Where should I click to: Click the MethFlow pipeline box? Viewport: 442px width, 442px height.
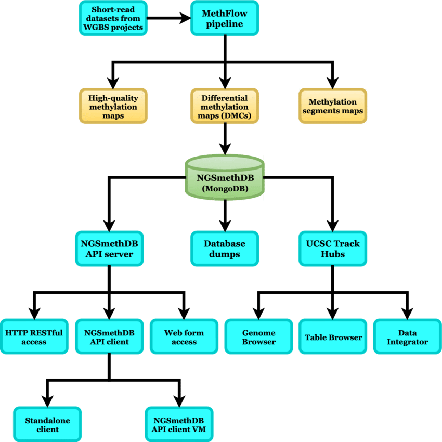224,18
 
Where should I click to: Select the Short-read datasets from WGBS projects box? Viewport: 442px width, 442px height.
113,18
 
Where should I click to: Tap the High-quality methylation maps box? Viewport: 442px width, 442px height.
113,107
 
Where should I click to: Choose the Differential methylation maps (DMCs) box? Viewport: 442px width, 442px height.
224,107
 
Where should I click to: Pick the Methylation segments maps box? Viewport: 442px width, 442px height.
333,107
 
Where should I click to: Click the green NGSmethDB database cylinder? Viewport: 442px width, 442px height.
225,178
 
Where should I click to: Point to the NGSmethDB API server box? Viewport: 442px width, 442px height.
109,249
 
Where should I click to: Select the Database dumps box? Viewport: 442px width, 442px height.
224,249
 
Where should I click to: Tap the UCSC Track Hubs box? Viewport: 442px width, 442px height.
333,249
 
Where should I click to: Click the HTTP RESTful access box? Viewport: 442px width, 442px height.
34,337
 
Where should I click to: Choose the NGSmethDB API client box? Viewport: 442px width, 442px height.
109,337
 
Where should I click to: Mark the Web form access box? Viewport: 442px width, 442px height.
184,337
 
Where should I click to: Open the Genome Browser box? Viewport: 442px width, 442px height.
258,337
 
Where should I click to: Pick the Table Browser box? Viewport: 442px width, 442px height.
333,337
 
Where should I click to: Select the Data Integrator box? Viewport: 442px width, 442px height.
407,337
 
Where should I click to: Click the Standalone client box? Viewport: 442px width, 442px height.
47,424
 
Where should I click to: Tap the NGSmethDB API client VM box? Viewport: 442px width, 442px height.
178,424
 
